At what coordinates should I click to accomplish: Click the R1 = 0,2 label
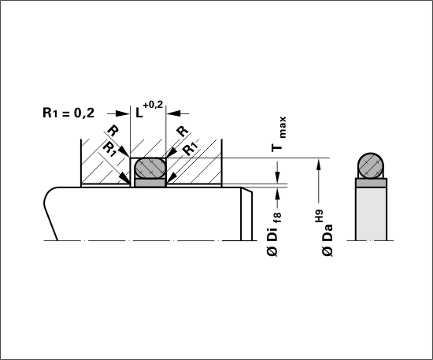pos(68,113)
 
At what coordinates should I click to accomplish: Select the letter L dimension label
pos(139,113)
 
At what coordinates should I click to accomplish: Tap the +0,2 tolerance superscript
pos(153,105)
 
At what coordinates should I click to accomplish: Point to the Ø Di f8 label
pos(275,234)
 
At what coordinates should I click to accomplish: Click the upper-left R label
pos(113,131)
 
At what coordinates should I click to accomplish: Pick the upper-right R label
pos(183,132)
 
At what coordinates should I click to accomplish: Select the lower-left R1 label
pos(109,150)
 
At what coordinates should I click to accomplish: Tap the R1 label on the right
pos(191,149)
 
